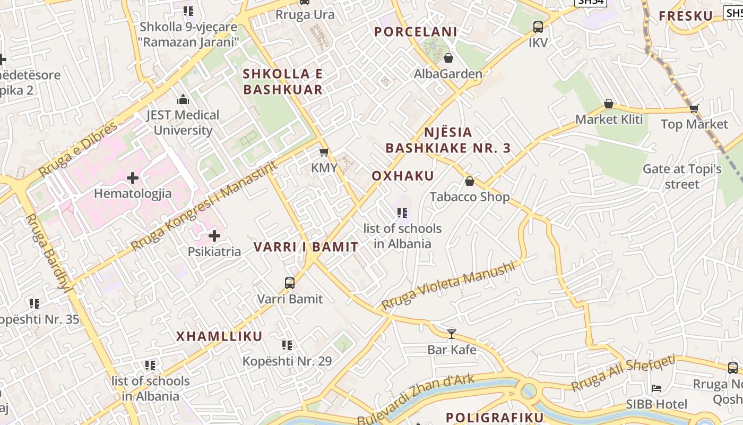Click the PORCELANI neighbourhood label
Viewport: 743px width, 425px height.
[x=416, y=32]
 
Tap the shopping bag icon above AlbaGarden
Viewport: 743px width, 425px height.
[x=448, y=58]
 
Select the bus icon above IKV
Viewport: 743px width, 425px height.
[x=538, y=27]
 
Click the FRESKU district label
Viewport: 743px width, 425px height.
[x=686, y=16]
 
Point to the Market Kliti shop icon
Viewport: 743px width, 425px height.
[x=608, y=104]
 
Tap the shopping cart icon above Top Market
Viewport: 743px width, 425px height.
[x=694, y=109]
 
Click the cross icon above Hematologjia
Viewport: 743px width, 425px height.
[x=133, y=178]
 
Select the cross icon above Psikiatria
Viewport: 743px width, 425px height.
[x=214, y=235]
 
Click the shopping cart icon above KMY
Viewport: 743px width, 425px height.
[x=324, y=152]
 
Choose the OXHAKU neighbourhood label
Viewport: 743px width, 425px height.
[x=403, y=176]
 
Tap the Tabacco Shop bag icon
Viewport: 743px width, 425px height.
[x=469, y=182]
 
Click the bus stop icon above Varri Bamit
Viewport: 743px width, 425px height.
[x=290, y=283]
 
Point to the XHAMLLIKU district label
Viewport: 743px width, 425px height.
[x=219, y=336]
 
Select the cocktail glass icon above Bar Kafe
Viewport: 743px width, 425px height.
[x=452, y=334]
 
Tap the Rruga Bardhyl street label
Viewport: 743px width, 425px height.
[x=47, y=252]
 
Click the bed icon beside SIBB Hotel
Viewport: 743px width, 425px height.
[x=656, y=388]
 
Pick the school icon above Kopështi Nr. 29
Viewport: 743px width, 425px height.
[x=287, y=345]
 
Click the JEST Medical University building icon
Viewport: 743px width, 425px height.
[x=183, y=99]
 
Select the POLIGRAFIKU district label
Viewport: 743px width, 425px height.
[x=495, y=418]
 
